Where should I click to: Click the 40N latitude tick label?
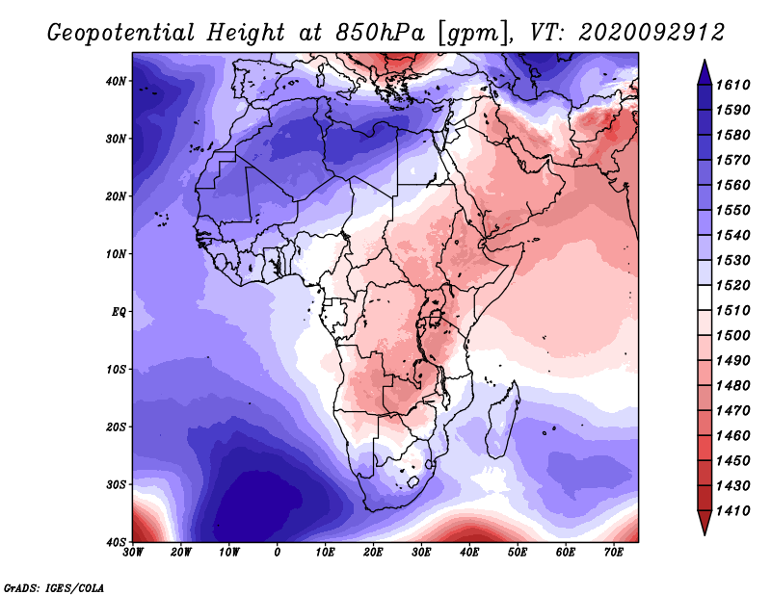(x=116, y=81)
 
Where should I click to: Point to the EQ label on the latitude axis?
(x=119, y=312)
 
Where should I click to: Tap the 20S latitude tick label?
(x=116, y=427)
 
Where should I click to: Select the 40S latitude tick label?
(x=116, y=542)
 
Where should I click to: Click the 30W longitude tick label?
(x=133, y=553)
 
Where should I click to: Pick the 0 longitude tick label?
(x=278, y=553)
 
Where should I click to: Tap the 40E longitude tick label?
(x=469, y=553)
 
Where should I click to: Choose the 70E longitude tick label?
(x=614, y=553)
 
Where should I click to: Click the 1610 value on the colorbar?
(x=733, y=85)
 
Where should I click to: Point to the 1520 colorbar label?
(x=733, y=285)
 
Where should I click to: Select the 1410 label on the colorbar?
(x=733, y=511)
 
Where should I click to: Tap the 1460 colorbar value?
(x=733, y=436)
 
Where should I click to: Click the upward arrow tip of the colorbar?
(x=705, y=60)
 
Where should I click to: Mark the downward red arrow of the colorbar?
(x=705, y=523)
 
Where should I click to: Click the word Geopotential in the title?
(x=120, y=33)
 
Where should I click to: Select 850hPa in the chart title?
(x=380, y=33)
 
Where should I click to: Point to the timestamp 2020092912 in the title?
(x=652, y=33)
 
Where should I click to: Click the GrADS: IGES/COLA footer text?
(x=54, y=588)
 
